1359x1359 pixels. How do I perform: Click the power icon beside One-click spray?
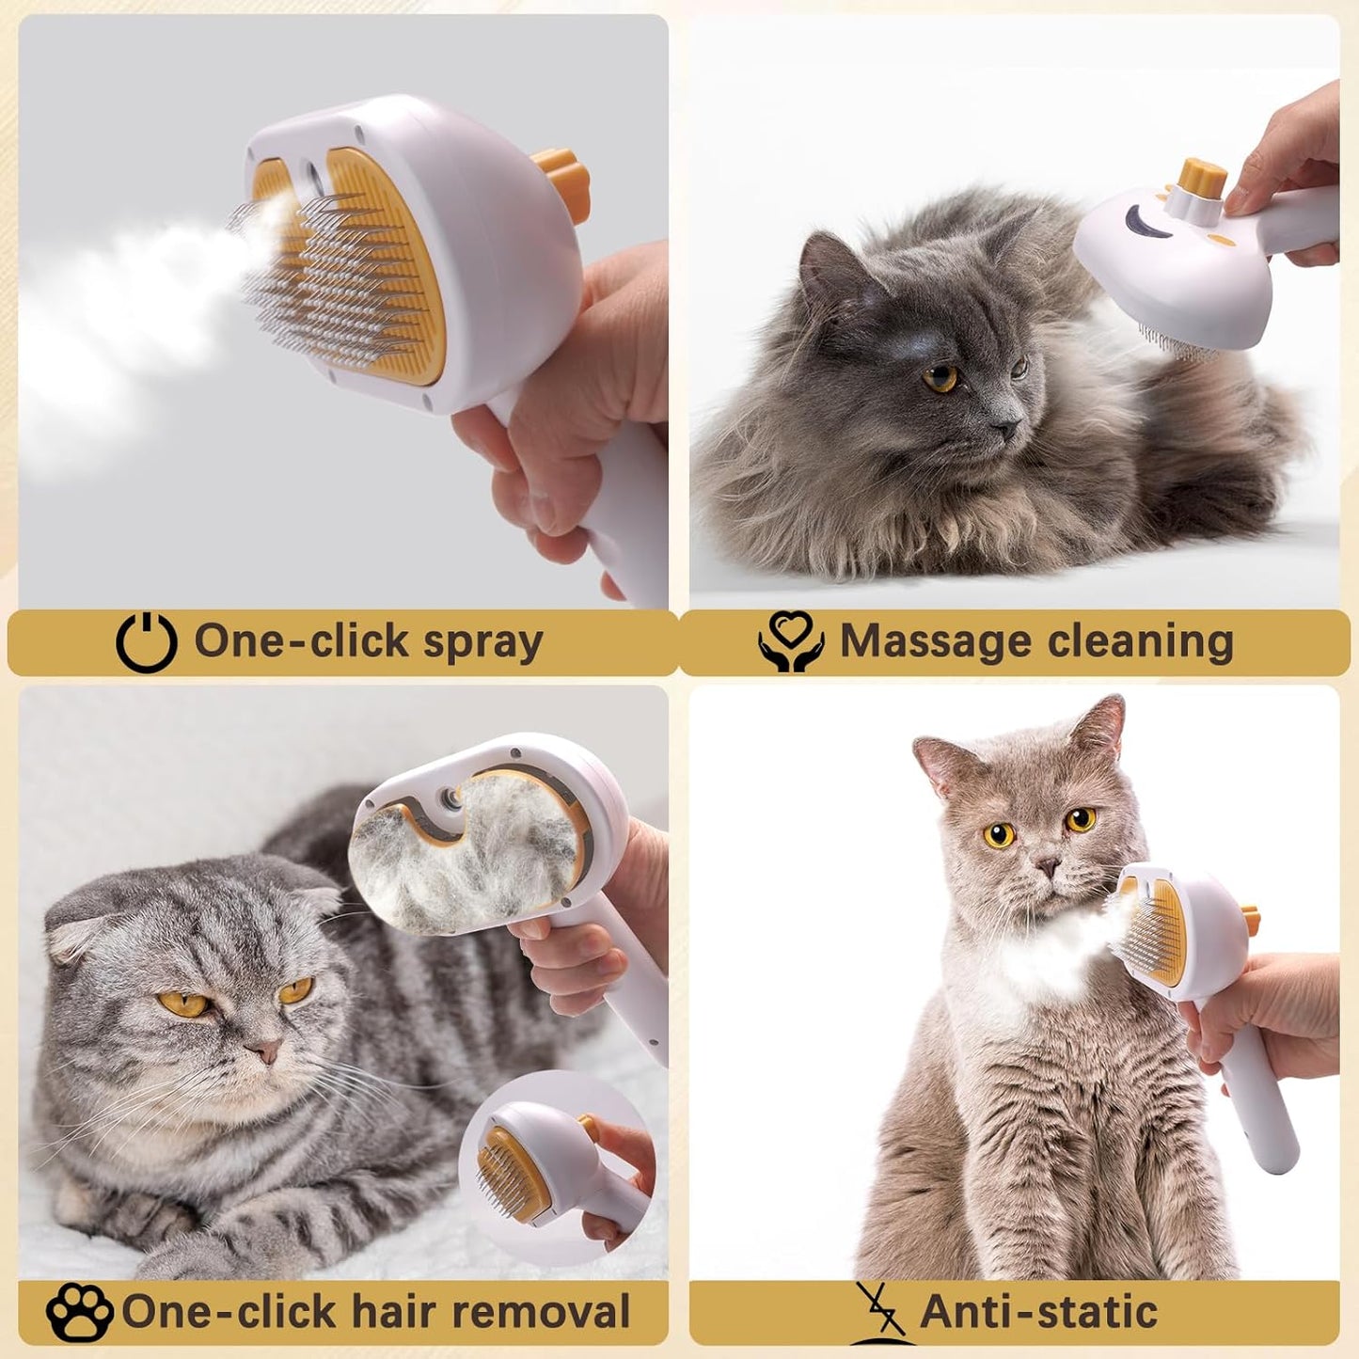(x=146, y=643)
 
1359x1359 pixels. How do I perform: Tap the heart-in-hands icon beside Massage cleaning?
(x=791, y=641)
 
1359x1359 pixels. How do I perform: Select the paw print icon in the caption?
(x=79, y=1312)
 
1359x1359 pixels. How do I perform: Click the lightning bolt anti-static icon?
(x=879, y=1310)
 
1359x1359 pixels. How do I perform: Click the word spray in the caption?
(x=482, y=642)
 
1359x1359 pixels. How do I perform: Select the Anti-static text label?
(x=1038, y=1311)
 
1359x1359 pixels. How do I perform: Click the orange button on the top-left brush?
(x=562, y=176)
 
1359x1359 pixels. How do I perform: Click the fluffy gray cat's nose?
(x=1005, y=429)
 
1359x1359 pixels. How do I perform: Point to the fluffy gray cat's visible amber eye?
(x=940, y=378)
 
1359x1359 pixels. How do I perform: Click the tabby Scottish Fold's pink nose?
(x=263, y=1051)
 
